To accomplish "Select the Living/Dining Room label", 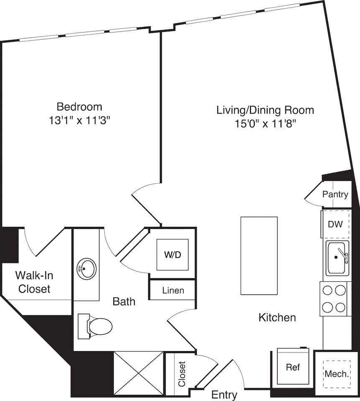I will pos(265,110).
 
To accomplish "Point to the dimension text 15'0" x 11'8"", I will pos(265,124).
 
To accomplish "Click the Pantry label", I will pos(335,195).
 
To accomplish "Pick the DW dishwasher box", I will pos(335,224).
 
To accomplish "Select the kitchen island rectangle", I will pos(259,256).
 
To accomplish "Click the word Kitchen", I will pos(277,317).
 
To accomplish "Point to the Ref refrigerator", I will pos(293,368).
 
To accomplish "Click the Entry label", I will pos(225,395).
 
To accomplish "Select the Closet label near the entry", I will pos(181,374).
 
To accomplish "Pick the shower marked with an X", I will pos(138,373).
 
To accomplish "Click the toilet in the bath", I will pos(97,325).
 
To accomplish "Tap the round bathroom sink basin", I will pos(87,268).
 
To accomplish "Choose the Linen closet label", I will pos(173,290).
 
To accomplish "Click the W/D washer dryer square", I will pos(172,255).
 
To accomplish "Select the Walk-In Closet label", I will pos(34,282).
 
